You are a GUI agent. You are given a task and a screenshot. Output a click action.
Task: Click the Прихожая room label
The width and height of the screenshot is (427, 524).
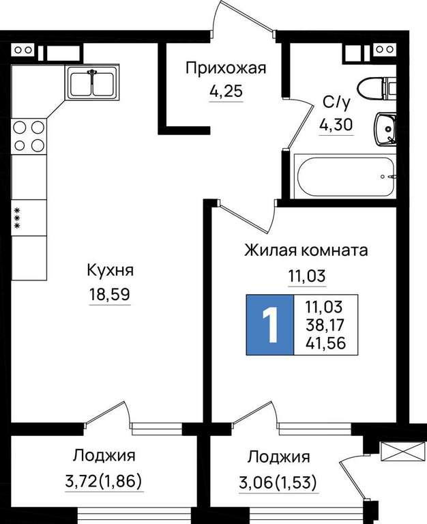[x=226, y=68]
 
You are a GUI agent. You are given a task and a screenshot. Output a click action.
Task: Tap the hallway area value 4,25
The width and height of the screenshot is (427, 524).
[x=226, y=91]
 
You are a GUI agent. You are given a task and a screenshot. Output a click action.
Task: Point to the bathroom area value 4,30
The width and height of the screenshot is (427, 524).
[x=336, y=125]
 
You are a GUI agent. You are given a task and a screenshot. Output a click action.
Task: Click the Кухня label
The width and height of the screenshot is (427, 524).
[x=110, y=270]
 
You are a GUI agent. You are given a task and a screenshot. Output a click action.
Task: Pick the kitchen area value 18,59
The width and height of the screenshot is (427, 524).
[x=110, y=295]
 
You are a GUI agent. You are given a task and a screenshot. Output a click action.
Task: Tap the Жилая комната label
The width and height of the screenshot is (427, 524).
[x=306, y=250]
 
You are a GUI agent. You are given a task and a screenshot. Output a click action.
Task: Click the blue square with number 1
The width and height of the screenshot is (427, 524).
[x=269, y=325]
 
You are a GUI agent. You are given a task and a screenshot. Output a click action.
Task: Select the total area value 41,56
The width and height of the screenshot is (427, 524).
[x=325, y=343]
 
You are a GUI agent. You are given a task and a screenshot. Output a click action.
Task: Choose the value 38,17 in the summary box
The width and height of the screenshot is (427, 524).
[x=325, y=325]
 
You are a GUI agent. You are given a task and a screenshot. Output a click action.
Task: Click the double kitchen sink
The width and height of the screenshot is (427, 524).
[x=92, y=83]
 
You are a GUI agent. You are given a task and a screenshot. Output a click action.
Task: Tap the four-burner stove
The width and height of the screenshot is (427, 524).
[x=29, y=136]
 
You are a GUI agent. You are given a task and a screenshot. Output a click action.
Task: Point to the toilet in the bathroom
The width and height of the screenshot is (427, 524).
[x=377, y=89]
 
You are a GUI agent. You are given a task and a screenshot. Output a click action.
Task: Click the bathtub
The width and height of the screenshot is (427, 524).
[x=345, y=177]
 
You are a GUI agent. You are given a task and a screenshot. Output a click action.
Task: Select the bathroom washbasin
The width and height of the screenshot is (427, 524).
[x=385, y=130]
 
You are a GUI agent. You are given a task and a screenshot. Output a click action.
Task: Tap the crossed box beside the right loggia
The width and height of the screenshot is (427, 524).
[x=399, y=453]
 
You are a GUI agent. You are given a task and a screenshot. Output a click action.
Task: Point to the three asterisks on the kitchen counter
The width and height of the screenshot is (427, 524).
[x=16, y=218]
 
